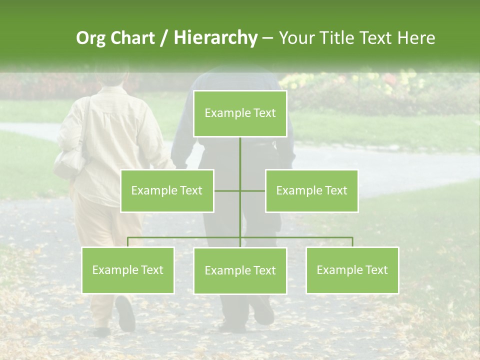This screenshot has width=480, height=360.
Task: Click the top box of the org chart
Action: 240,113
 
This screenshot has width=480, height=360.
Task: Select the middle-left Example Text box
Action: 167,190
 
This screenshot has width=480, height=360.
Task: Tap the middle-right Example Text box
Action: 311,190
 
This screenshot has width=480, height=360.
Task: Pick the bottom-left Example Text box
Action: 128,270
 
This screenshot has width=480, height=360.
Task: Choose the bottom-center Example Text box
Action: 240,270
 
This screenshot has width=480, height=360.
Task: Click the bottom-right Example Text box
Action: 352,270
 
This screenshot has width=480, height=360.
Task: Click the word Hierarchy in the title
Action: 215,38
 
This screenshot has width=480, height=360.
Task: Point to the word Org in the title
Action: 91,38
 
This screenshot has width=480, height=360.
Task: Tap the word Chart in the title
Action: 132,38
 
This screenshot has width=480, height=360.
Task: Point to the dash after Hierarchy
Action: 267,38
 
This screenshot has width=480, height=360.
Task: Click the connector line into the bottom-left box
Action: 128,242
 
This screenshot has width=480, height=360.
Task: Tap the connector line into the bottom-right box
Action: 352,242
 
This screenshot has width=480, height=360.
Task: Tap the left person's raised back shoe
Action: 125,312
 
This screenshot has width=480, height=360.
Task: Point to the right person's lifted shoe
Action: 263,311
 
